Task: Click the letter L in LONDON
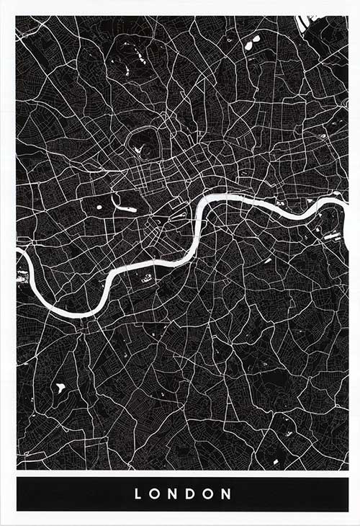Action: pos(136,495)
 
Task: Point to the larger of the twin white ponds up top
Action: pos(248,45)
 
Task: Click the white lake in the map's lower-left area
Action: pos(60,388)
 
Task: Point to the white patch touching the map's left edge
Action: pos(21,275)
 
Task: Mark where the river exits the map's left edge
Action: pos(19,252)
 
